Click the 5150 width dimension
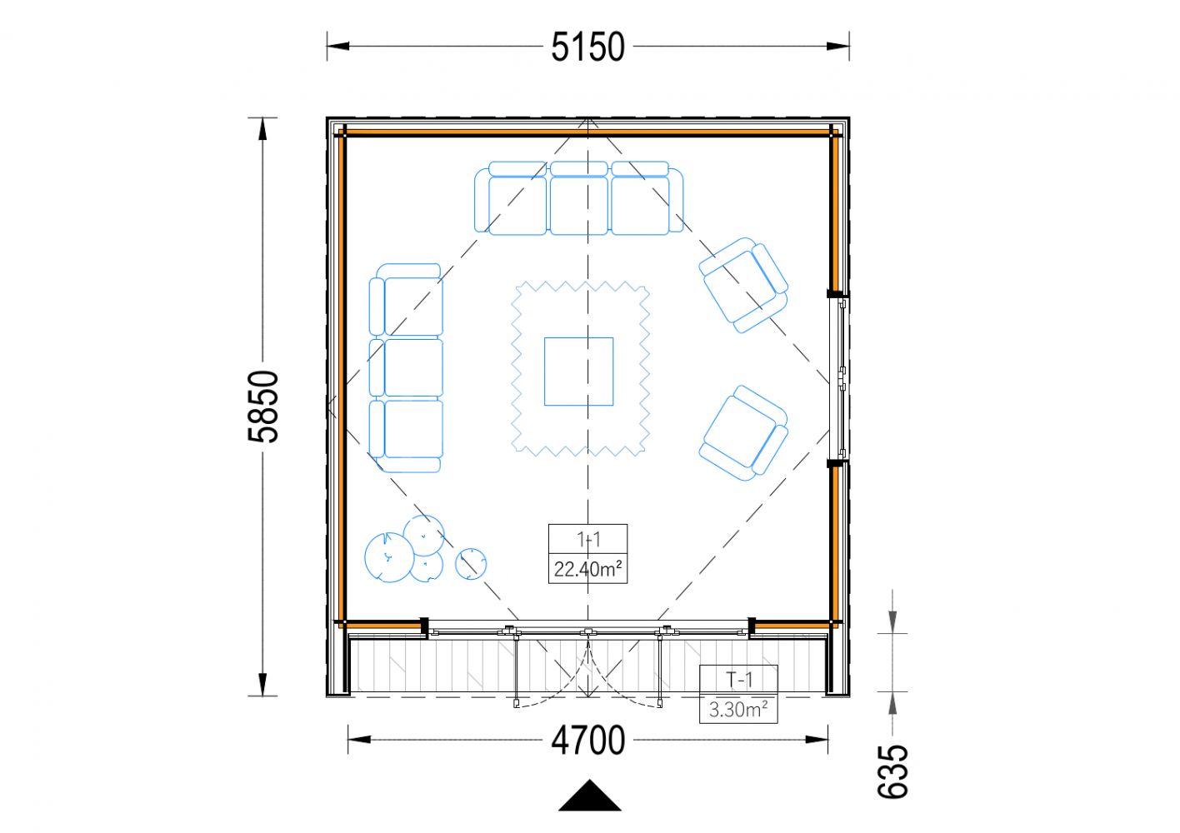pyautogui.click(x=587, y=47)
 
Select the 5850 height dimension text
pyautogui.click(x=262, y=407)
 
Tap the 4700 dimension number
pyautogui.click(x=587, y=741)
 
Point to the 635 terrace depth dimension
pyautogui.click(x=892, y=771)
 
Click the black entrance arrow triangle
pyautogui.click(x=590, y=796)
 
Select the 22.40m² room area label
pyautogui.click(x=587, y=569)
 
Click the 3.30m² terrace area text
pyautogui.click(x=738, y=710)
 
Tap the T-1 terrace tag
pyautogui.click(x=738, y=680)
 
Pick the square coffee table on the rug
pyautogui.click(x=579, y=372)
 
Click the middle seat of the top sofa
pyautogui.click(x=579, y=198)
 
